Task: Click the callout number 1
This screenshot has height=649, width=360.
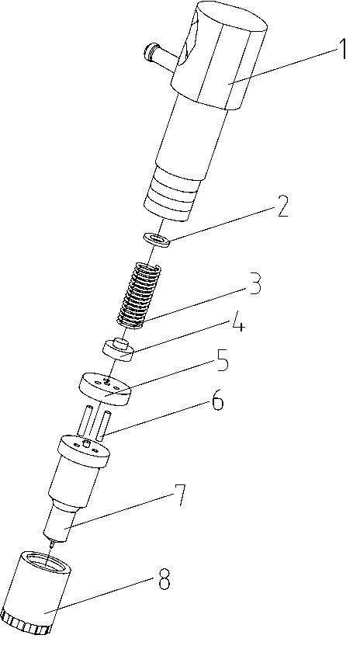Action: (342, 49)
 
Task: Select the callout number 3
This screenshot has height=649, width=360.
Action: (254, 284)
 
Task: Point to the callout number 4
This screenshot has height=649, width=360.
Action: (237, 322)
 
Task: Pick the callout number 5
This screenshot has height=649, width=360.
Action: (222, 360)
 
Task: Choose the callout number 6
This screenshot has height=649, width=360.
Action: (217, 400)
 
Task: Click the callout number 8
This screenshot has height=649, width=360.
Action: (164, 580)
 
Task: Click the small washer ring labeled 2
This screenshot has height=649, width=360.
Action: (157, 240)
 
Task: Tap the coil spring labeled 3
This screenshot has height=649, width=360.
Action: (139, 296)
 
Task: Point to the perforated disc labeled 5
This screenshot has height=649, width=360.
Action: (104, 390)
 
